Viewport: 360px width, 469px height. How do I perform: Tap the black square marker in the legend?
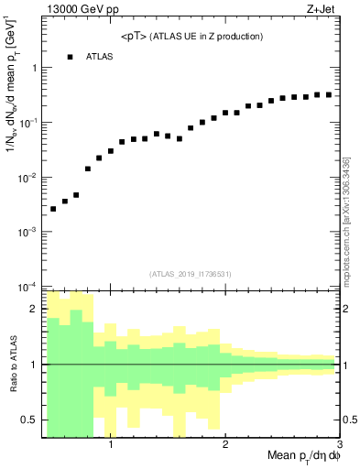click(x=70, y=57)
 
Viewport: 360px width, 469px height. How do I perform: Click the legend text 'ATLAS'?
click(x=101, y=57)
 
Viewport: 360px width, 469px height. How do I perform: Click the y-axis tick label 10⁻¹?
click(x=28, y=123)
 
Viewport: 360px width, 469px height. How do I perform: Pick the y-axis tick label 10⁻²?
click(x=28, y=177)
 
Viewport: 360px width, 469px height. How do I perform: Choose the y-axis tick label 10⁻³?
click(x=28, y=232)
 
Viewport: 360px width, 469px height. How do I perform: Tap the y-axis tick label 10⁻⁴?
click(x=28, y=287)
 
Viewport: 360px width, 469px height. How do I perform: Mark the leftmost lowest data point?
click(x=53, y=209)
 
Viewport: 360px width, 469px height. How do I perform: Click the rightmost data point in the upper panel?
click(x=329, y=94)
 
